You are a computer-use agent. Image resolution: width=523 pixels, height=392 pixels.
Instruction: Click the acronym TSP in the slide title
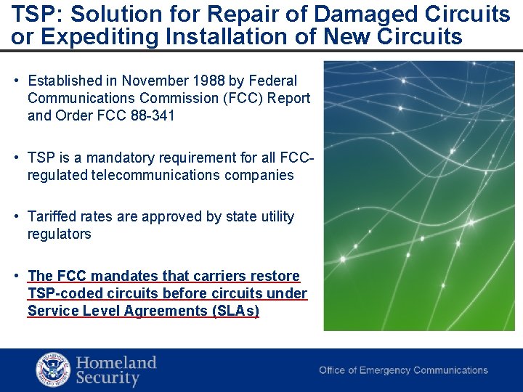31,15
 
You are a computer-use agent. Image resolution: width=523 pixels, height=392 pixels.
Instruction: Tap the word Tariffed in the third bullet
51,216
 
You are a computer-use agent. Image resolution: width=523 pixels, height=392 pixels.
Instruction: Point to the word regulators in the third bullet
60,234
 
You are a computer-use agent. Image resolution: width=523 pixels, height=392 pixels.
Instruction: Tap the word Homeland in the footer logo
116,362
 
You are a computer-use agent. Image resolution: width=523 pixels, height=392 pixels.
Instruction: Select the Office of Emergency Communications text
403,370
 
